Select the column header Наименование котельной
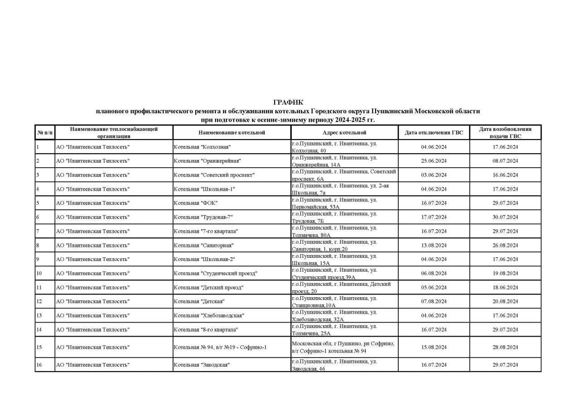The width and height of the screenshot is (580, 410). coord(232,133)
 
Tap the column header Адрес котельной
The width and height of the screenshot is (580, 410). coord(344,133)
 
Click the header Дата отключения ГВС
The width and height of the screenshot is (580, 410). coord(434,133)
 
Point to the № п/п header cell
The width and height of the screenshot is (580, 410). coord(45,133)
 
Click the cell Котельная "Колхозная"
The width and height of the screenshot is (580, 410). coord(203,147)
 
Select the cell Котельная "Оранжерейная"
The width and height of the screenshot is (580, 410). coord(207,161)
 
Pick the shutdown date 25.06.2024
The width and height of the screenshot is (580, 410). coord(434,161)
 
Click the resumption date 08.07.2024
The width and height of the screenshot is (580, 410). coord(505,161)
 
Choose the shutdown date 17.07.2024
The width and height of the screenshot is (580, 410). coord(434,217)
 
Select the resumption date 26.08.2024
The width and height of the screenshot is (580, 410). coord(505,245)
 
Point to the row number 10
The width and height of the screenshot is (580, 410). coord(39,273)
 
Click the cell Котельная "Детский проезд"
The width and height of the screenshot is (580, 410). coord(209,287)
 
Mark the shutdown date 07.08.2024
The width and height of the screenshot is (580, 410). coord(434,301)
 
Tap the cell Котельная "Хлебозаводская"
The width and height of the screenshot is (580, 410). coord(209,315)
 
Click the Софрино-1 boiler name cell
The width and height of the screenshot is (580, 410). coord(220,347)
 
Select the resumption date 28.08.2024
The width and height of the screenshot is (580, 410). coord(505,347)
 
